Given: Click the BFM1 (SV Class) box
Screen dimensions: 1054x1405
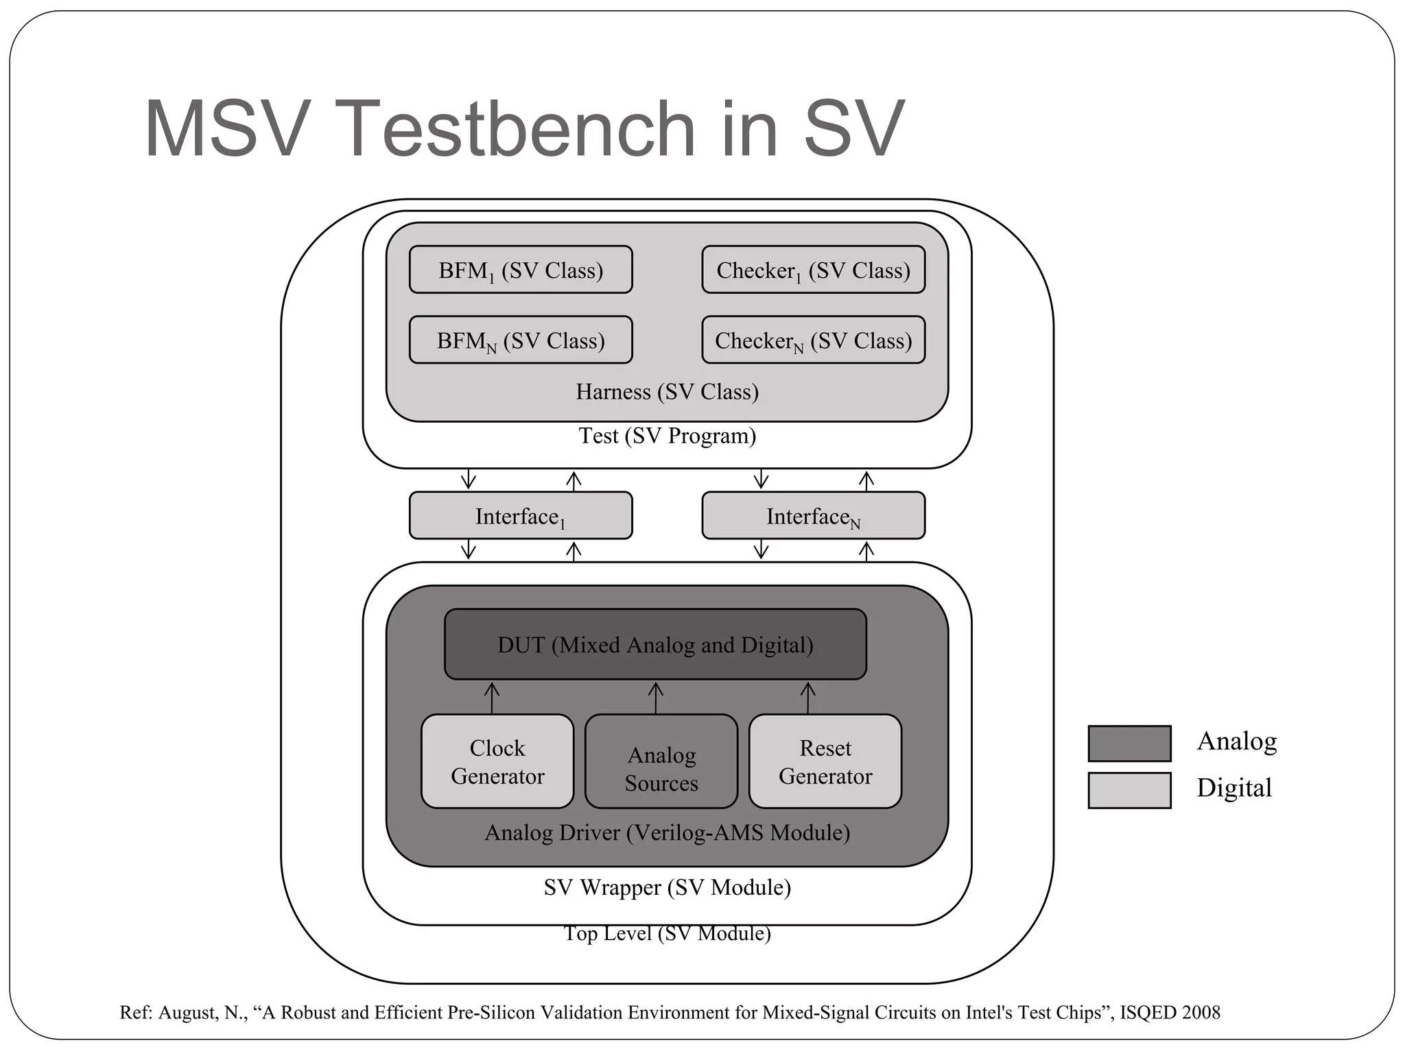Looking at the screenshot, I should point(521,270).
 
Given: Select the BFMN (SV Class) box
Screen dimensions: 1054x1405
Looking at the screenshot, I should point(521,340).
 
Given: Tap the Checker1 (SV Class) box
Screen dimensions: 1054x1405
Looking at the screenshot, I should point(813,270).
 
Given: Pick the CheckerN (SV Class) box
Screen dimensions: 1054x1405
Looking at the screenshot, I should point(813,340).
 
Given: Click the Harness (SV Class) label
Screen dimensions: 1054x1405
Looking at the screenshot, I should point(667,392).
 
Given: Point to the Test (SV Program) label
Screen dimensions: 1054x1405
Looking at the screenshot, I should point(667,436).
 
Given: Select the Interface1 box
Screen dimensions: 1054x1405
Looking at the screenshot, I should point(521,515).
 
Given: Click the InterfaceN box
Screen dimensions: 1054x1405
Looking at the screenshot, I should point(813,515).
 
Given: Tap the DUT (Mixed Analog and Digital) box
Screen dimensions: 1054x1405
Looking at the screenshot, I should point(655,644).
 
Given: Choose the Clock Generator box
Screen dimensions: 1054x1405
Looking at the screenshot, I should point(497,762).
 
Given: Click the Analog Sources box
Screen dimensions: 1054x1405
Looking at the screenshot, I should point(661,762).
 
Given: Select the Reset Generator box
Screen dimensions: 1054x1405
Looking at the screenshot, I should point(825,762).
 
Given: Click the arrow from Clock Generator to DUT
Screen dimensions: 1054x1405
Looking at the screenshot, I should point(492,697).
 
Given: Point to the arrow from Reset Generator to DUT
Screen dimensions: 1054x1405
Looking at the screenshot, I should point(808,697).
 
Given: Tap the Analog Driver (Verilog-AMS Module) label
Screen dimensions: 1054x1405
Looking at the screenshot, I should point(667,832).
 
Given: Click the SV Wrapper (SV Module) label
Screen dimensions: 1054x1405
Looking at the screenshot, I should point(667,887).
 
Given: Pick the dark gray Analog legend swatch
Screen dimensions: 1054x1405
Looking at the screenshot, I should point(1129,743).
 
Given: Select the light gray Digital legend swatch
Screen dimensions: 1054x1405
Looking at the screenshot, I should point(1129,790).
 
